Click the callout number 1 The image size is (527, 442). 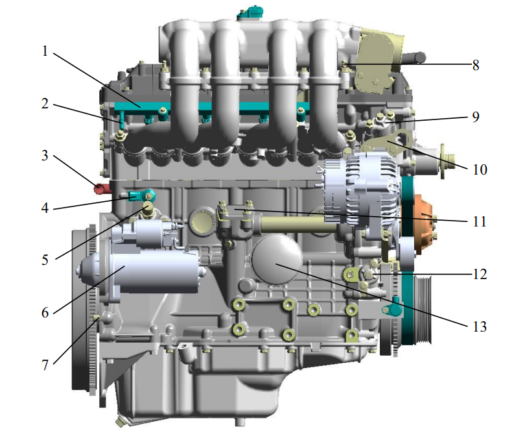click(x=45, y=51)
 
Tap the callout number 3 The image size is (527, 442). click(x=45, y=156)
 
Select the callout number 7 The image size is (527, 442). click(x=45, y=365)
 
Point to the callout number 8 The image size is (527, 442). click(x=475, y=66)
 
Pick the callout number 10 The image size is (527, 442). click(x=480, y=169)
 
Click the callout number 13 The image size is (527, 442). click(x=480, y=326)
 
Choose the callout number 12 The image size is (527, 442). click(x=480, y=275)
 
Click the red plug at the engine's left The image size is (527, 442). click(x=101, y=189)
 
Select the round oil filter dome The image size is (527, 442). click(x=276, y=260)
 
